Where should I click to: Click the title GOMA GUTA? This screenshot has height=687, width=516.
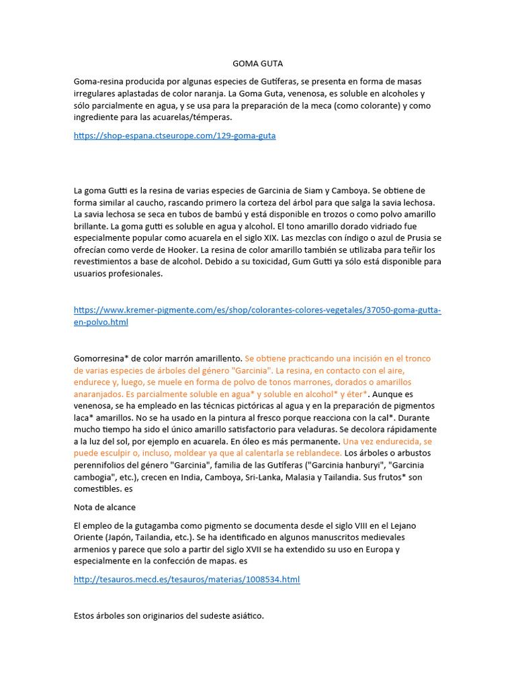(257, 64)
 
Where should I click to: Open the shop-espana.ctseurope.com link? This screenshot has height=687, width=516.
(175, 136)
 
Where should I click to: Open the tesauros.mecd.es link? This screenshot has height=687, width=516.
(187, 579)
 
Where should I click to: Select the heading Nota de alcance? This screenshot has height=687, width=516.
(104, 507)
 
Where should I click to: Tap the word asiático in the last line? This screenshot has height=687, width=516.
(245, 615)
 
